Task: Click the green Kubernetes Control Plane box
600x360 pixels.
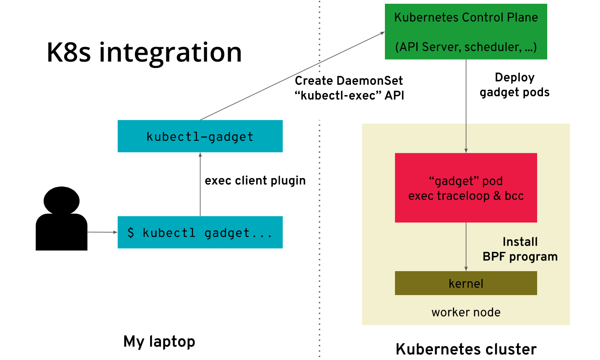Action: [x=466, y=31]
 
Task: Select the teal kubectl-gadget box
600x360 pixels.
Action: [x=200, y=136]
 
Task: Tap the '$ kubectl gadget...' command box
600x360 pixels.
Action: [x=200, y=232]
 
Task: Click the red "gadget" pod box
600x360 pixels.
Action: [x=466, y=188]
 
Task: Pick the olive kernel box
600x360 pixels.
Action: [x=466, y=283]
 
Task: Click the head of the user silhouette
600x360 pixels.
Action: [x=62, y=200]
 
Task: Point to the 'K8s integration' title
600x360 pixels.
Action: [x=144, y=52]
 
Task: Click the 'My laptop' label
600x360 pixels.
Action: [x=159, y=342]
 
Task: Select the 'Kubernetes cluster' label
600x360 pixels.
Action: [x=466, y=349]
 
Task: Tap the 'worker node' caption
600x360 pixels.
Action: [x=466, y=312]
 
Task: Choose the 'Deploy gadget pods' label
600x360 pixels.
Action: [x=514, y=85]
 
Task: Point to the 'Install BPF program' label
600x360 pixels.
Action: [x=520, y=249]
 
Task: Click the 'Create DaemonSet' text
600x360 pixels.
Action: [x=349, y=80]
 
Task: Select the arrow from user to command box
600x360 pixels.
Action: [x=102, y=232]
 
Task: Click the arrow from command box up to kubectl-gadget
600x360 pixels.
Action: [x=200, y=184]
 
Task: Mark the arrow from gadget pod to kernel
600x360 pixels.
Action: [x=466, y=247]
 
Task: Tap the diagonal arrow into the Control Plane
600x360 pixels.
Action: [x=293, y=76]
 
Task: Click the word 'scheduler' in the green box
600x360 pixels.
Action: [x=493, y=47]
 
